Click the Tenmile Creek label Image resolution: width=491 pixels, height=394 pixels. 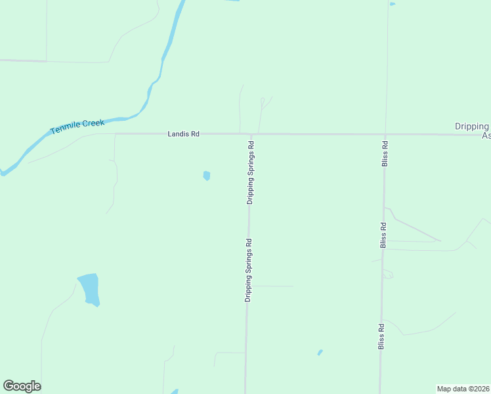77,127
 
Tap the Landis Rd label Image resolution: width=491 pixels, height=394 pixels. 183,133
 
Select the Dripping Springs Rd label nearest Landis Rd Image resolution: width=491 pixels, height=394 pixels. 251,171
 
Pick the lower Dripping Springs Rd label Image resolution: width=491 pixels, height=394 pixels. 249,270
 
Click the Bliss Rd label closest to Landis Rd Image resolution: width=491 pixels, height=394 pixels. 385,153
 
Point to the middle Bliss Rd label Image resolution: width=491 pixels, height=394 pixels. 383,234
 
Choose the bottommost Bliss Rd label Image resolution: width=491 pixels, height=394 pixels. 381,335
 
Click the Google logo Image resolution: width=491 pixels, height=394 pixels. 22,386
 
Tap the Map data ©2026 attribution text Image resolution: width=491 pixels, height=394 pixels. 463,388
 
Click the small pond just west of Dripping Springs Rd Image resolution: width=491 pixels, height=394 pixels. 207,175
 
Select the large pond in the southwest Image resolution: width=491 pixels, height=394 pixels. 89,289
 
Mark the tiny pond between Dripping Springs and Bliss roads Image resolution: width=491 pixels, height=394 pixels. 320,353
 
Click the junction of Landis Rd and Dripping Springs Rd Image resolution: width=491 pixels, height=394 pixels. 251,134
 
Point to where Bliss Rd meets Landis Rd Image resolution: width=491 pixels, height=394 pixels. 385,134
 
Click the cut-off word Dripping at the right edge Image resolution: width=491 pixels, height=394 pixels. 473,126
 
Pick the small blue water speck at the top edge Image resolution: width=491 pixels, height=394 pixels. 392,4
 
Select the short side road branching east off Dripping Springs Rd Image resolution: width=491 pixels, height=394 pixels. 272,286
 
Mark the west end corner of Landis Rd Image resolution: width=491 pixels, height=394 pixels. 116,134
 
